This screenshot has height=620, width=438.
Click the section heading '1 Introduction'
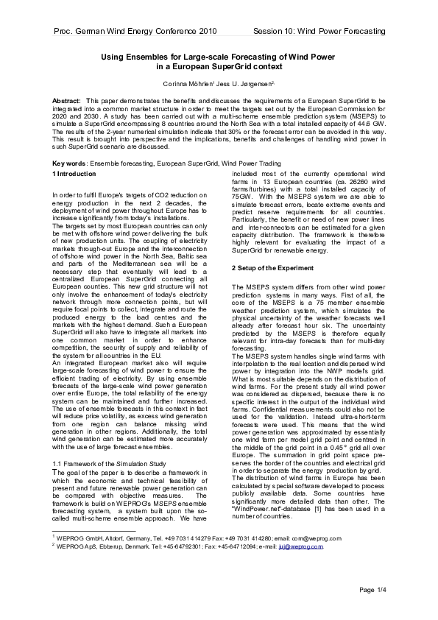coord(76,173)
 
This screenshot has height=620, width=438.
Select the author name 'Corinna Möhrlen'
coord(192,85)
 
